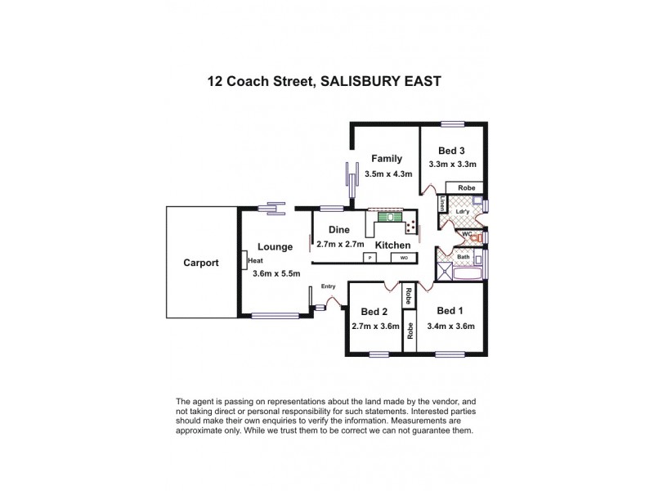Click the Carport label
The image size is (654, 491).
[200, 264]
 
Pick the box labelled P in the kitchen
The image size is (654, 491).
[370, 258]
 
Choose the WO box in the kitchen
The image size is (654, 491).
[403, 258]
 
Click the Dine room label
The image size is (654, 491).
[339, 230]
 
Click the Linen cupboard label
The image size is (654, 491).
[442, 203]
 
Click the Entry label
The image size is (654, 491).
[329, 286]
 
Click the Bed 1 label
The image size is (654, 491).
[450, 311]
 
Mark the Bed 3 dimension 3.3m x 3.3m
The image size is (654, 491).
[452, 164]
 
